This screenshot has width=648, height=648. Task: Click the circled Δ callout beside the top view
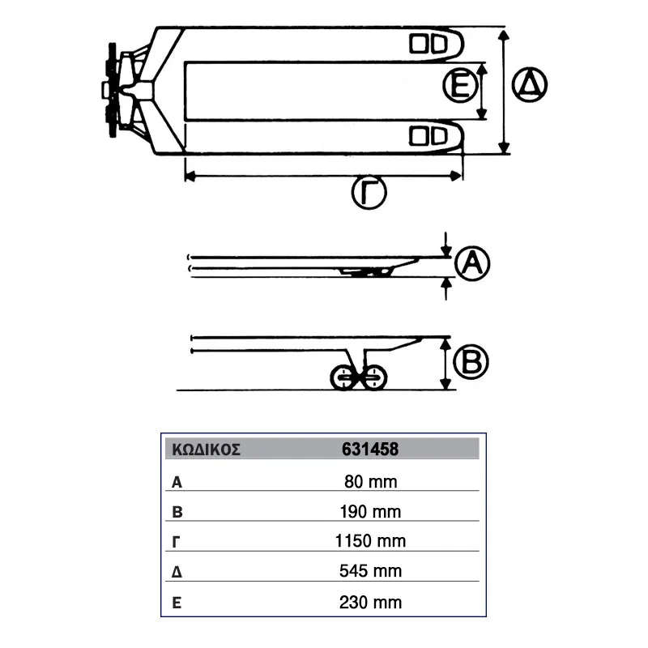[530, 85]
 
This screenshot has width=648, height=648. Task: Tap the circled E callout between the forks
[460, 86]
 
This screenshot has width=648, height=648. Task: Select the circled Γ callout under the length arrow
[369, 193]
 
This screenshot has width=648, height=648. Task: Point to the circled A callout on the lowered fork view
[472, 264]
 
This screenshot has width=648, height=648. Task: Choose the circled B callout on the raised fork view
[471, 361]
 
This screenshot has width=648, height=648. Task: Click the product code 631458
[370, 450]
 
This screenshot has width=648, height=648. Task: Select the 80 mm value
[371, 481]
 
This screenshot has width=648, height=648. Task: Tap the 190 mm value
[370, 512]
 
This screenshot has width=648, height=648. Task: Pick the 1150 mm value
[370, 541]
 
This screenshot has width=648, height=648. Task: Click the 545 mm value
[370, 571]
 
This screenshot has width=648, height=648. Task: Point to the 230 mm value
[370, 603]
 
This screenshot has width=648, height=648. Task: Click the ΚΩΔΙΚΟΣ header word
[206, 450]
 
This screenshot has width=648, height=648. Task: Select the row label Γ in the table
[176, 542]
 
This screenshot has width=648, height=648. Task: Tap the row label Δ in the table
[177, 572]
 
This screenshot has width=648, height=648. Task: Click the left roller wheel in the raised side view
[343, 377]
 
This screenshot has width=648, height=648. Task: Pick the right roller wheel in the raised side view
[374, 377]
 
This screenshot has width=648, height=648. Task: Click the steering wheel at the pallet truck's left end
[113, 90]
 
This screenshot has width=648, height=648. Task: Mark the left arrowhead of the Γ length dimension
[190, 177]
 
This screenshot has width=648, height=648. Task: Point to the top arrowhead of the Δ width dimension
[503, 35]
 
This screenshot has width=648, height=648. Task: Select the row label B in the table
[177, 512]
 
